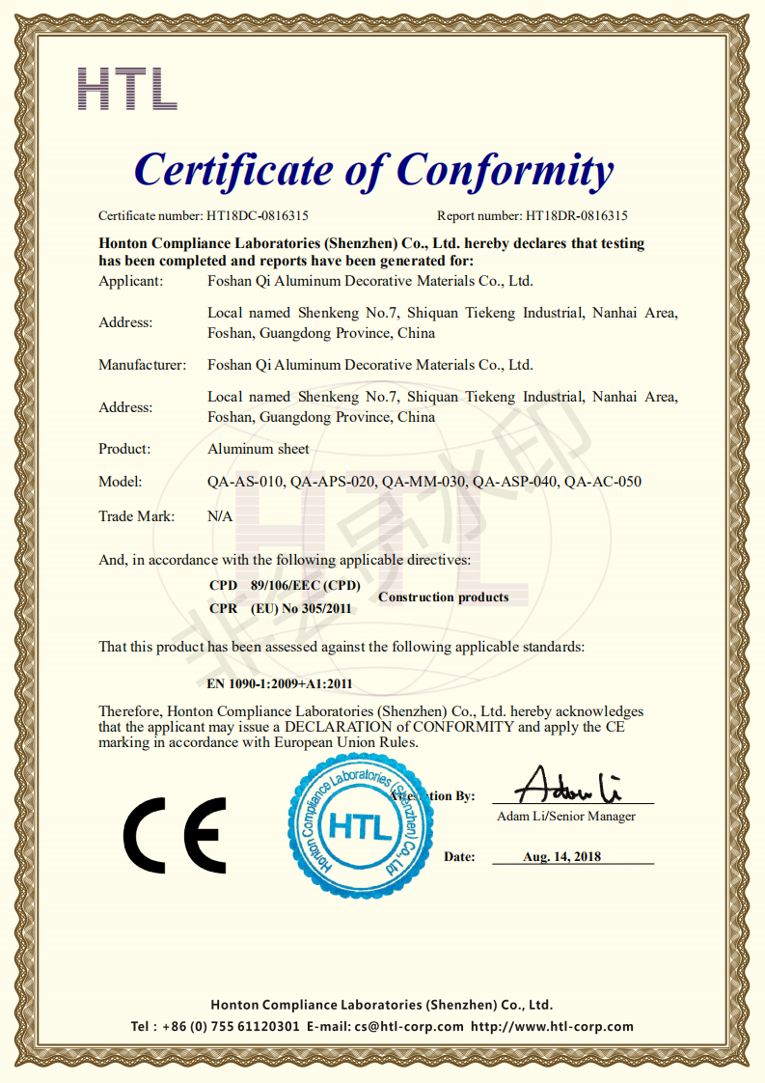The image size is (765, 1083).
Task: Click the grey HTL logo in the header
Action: pyautogui.click(x=126, y=88)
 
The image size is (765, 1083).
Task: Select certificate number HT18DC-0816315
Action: pyautogui.click(x=257, y=216)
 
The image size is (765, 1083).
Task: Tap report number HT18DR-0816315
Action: pyautogui.click(x=577, y=216)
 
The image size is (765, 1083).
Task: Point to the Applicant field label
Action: pyautogui.click(x=131, y=282)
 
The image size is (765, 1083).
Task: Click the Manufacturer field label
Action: pyautogui.click(x=142, y=365)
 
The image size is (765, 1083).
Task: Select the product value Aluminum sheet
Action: pyautogui.click(x=259, y=449)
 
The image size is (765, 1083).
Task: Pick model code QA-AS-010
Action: pyautogui.click(x=246, y=482)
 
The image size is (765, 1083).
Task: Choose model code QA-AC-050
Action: pyautogui.click(x=603, y=482)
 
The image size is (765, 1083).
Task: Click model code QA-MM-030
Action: pyautogui.click(x=424, y=482)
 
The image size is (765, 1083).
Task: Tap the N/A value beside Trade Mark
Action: pyautogui.click(x=220, y=516)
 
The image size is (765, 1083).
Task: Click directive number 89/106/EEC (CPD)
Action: pyautogui.click(x=305, y=586)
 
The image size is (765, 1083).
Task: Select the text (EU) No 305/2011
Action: pyautogui.click(x=301, y=609)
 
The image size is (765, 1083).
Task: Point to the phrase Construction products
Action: pyautogui.click(x=443, y=597)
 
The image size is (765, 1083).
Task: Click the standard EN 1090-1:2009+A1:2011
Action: pyautogui.click(x=280, y=684)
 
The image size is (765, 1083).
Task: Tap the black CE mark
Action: pyautogui.click(x=175, y=834)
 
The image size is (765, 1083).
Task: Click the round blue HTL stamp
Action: pyautogui.click(x=358, y=826)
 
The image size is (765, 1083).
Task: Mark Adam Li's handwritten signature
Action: pyautogui.click(x=567, y=786)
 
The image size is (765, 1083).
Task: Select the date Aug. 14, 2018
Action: pyautogui.click(x=561, y=857)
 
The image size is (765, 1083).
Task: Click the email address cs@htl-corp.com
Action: pyautogui.click(x=409, y=1027)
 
